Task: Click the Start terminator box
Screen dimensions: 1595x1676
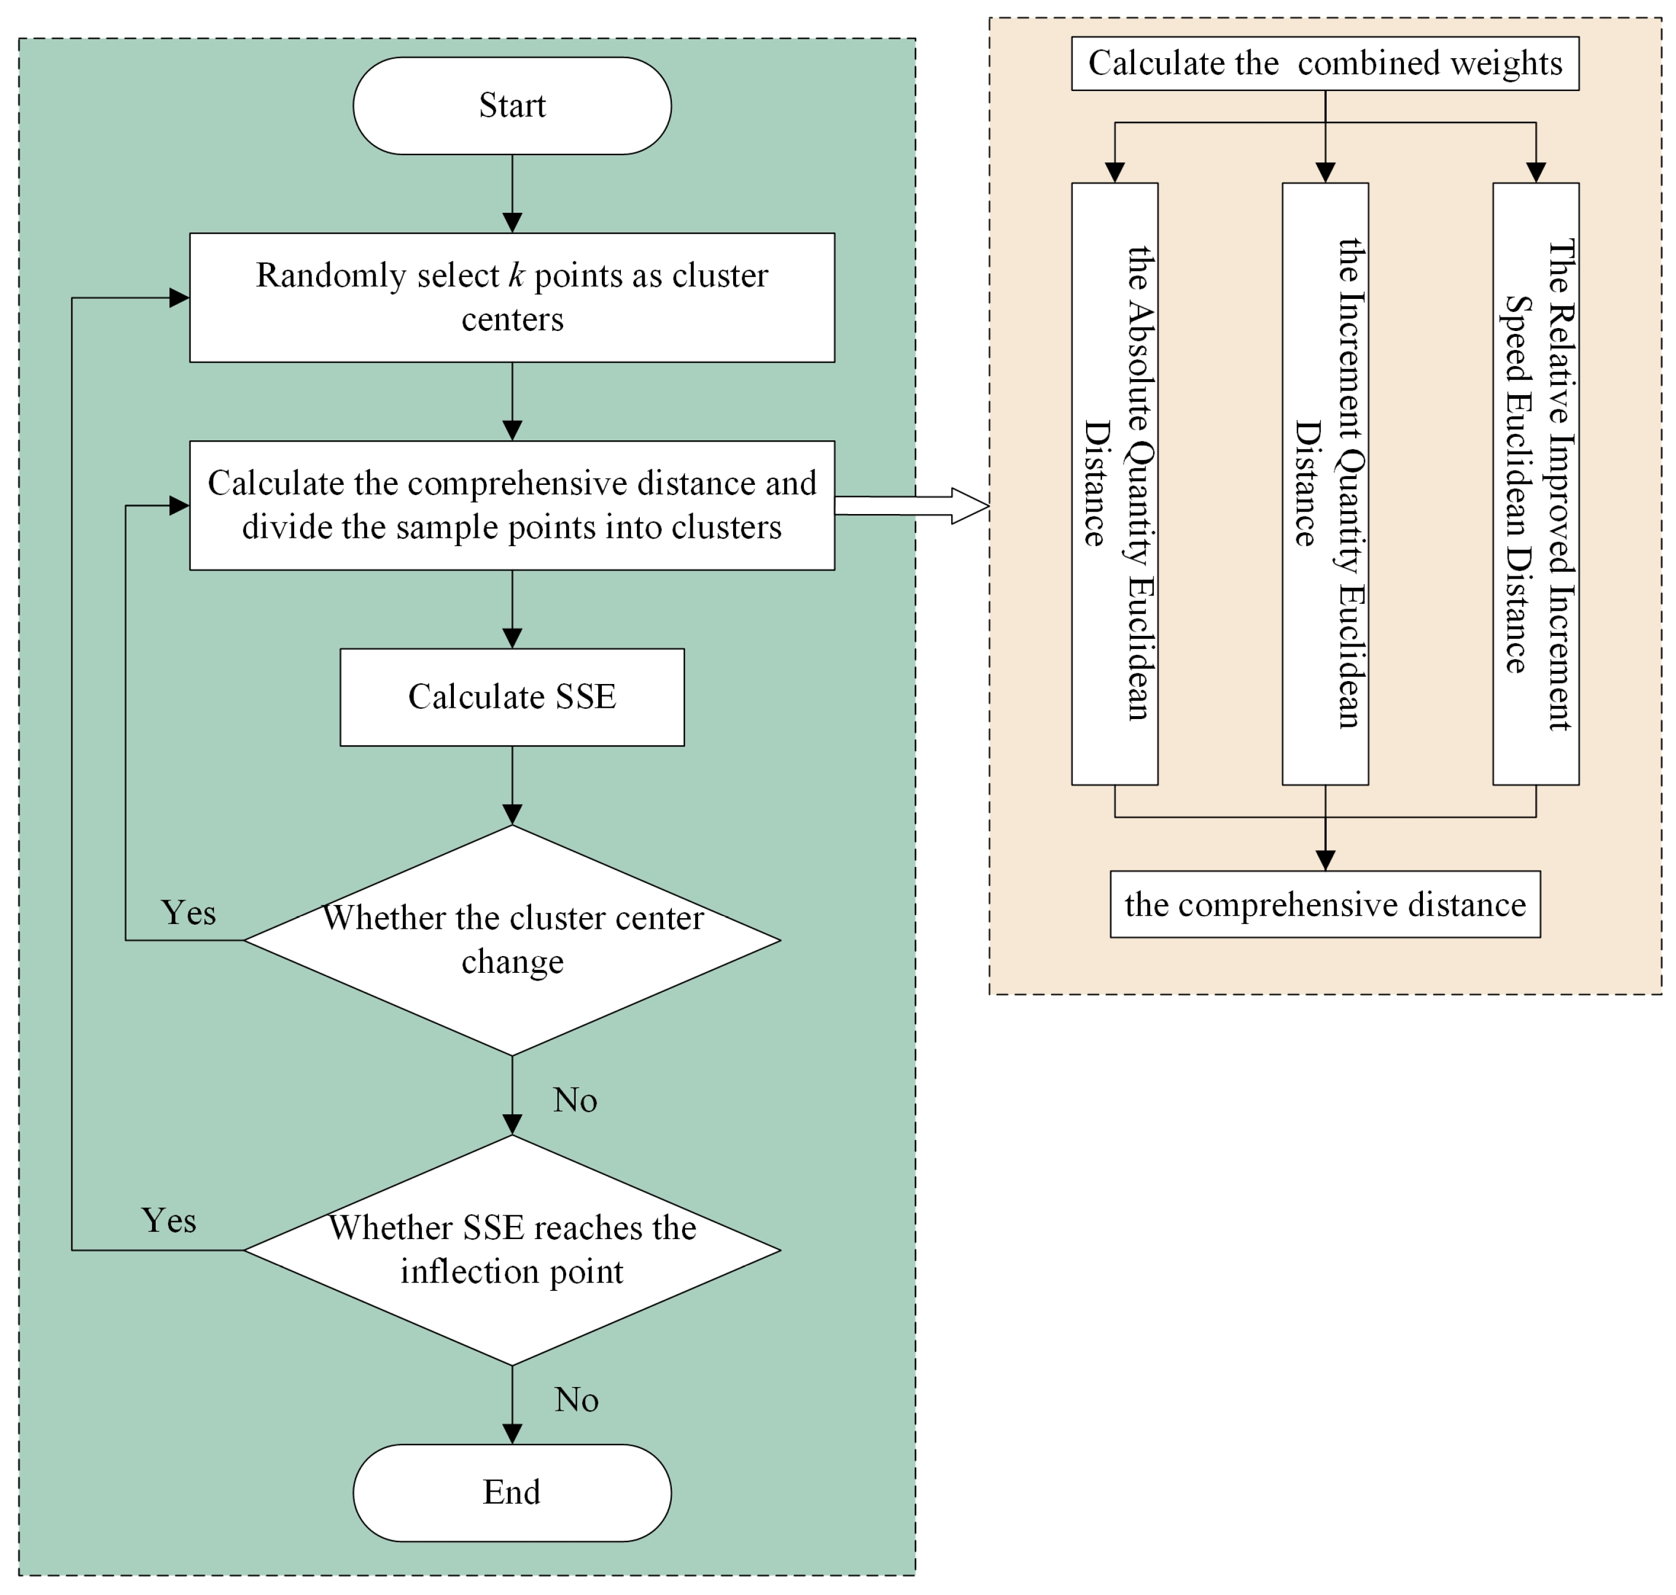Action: (512, 105)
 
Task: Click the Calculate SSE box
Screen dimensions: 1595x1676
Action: (512, 696)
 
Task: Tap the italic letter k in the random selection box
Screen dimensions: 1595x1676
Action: (516, 276)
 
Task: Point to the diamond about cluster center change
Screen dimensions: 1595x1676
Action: (512, 940)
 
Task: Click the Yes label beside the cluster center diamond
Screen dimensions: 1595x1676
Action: (188, 912)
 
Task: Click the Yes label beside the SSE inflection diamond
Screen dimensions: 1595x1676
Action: (168, 1220)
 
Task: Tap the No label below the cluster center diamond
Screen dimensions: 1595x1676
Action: (575, 1099)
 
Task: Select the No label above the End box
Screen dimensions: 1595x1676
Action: (576, 1399)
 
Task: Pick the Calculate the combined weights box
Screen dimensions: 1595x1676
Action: (1324, 63)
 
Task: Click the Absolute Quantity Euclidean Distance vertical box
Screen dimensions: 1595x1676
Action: (1114, 483)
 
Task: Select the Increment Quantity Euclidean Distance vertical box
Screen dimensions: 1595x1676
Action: (1324, 483)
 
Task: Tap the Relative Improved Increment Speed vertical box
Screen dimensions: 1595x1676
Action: (1535, 483)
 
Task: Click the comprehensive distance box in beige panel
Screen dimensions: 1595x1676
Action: (1324, 904)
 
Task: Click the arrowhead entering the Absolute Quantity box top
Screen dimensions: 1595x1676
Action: (1114, 172)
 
